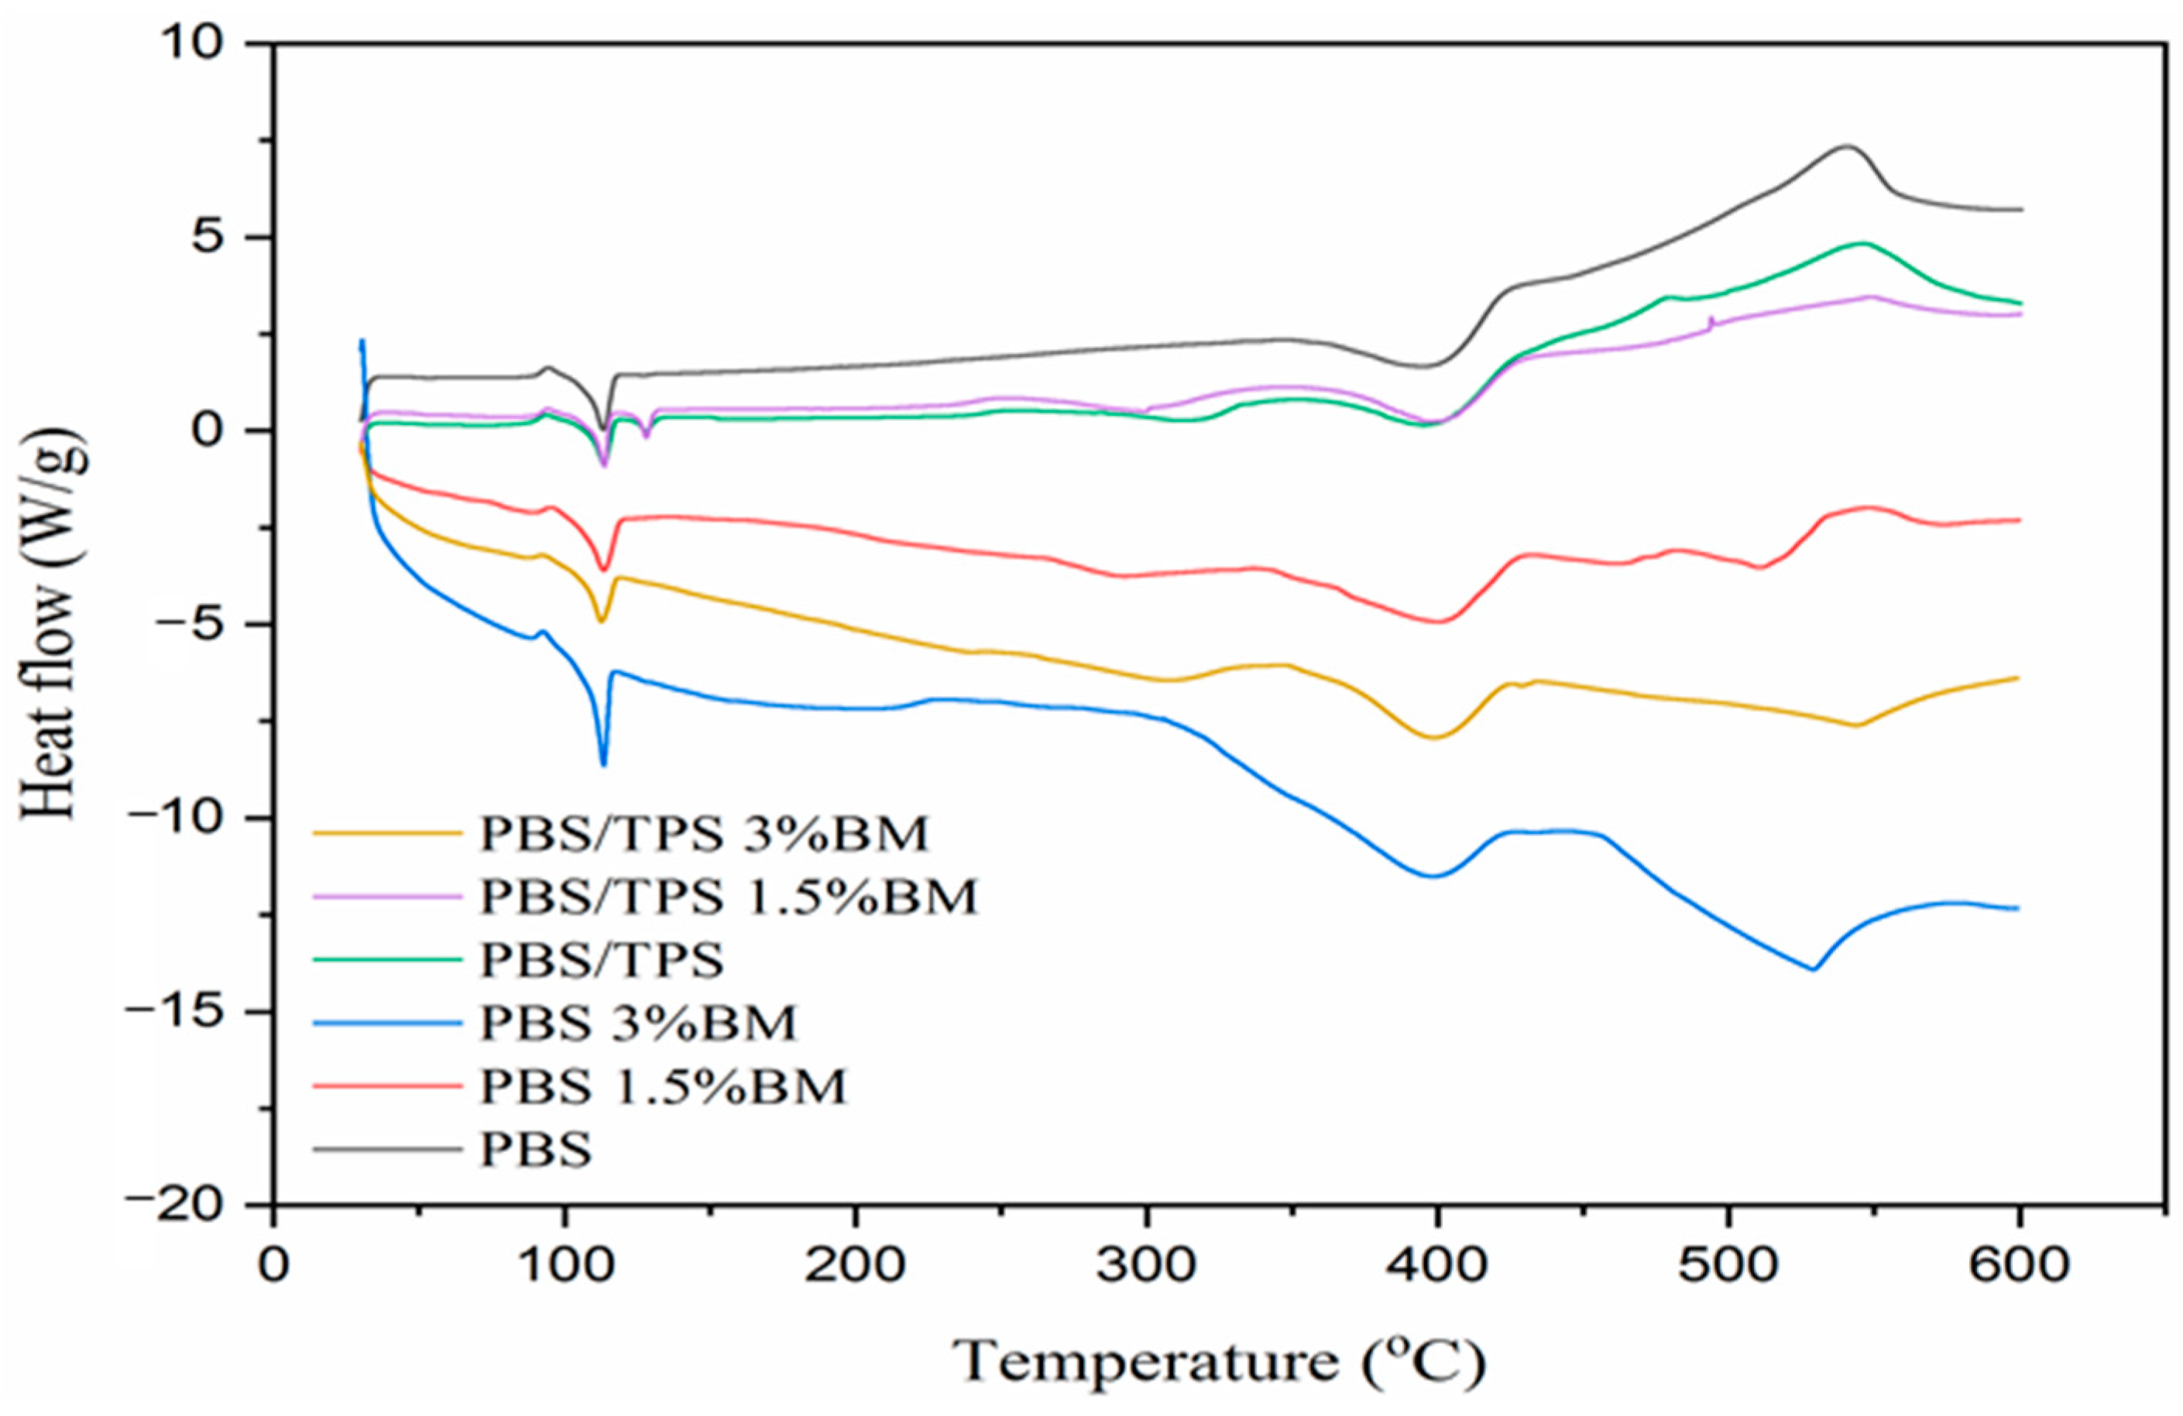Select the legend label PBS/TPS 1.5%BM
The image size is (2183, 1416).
coord(729,898)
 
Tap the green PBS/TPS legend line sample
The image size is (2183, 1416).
coord(386,960)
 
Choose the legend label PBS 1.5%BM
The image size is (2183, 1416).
coord(662,1087)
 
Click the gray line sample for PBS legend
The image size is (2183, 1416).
coord(386,1149)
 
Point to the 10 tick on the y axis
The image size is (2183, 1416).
coord(197,45)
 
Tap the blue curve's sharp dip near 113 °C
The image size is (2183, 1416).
coord(603,764)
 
